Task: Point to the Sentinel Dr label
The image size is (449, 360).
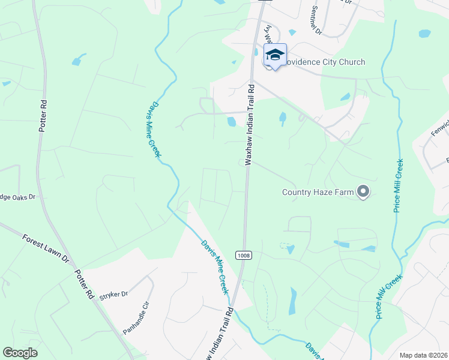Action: coord(318,20)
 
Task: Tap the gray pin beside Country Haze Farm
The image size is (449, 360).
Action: coord(363,192)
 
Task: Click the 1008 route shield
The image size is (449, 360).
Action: coord(244,255)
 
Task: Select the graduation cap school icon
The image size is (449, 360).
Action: coord(275,55)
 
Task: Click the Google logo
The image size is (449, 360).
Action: coord(20,353)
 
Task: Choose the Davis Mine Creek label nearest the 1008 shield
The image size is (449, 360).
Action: coord(215,266)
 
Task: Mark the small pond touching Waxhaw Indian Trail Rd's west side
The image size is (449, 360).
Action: coord(232,122)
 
